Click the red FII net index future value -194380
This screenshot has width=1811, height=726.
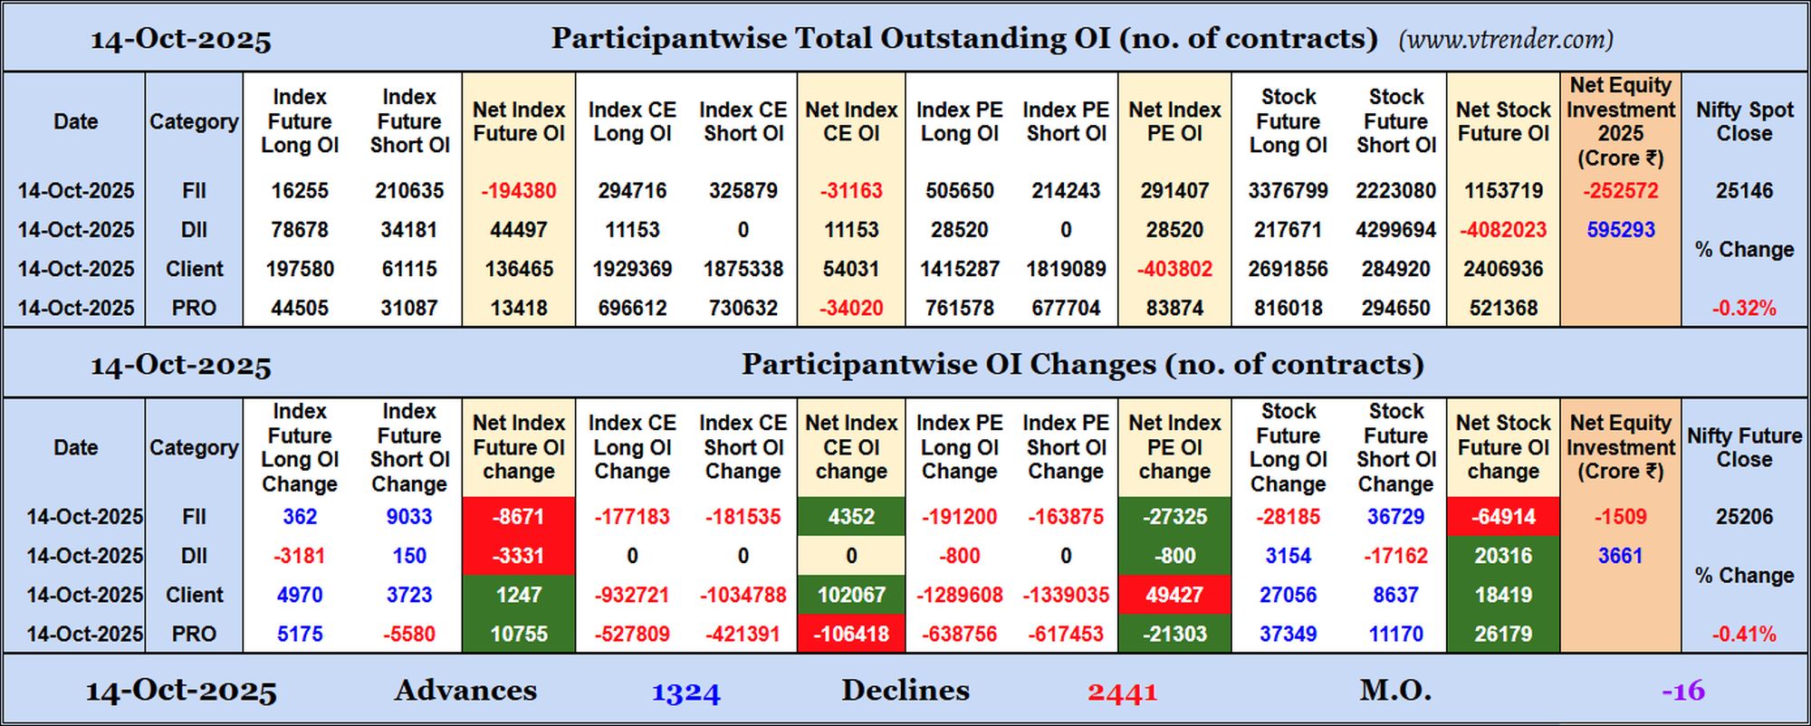click(518, 191)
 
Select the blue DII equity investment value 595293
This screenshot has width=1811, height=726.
click(1620, 230)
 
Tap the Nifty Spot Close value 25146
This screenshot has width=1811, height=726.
click(1744, 191)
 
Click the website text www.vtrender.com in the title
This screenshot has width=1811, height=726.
click(1505, 40)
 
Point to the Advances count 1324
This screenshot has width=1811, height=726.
click(685, 693)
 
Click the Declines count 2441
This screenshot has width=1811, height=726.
click(1122, 693)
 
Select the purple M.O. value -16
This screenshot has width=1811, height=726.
click(1682, 692)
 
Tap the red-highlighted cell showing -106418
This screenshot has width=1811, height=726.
click(851, 634)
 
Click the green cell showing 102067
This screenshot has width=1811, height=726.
click(851, 595)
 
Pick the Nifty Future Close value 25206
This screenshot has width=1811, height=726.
click(1744, 517)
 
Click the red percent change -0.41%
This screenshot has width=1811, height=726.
click(1744, 634)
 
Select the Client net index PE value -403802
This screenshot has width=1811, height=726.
click(1174, 269)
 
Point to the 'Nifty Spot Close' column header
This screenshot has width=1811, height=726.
click(1744, 121)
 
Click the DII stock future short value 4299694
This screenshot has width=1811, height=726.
click(1395, 230)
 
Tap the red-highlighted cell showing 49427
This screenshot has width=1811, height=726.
click(1174, 595)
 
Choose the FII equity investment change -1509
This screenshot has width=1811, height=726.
click(1620, 517)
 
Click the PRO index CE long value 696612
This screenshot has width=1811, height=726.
click(632, 308)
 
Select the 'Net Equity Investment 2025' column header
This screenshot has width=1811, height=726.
click(1620, 121)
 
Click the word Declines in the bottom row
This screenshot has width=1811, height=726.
click(905, 691)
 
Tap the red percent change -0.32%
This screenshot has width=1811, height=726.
click(1744, 308)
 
